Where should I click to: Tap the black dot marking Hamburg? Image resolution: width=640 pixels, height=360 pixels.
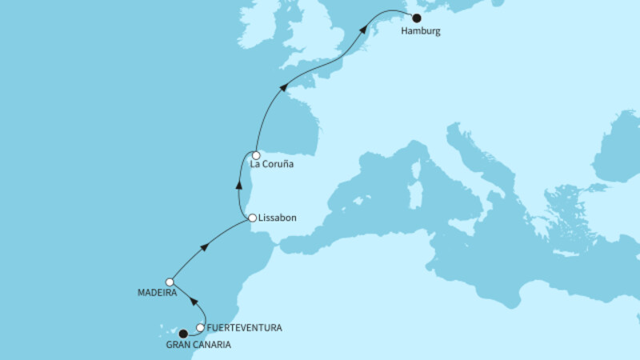(416, 18)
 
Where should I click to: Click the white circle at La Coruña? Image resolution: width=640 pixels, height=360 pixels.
(256, 156)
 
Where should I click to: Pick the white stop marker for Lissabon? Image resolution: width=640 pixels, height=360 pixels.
(252, 218)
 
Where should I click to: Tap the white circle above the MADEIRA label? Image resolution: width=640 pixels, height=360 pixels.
(170, 282)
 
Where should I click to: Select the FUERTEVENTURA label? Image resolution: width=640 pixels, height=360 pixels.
(244, 328)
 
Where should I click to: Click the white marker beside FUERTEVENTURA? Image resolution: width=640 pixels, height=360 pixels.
(200, 327)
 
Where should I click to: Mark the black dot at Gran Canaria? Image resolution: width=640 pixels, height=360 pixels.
(182, 334)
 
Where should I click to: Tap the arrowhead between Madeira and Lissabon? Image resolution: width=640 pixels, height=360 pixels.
(205, 247)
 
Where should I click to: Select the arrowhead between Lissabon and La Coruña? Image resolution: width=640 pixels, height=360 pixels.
(239, 184)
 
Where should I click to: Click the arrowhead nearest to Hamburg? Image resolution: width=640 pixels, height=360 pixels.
(364, 28)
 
